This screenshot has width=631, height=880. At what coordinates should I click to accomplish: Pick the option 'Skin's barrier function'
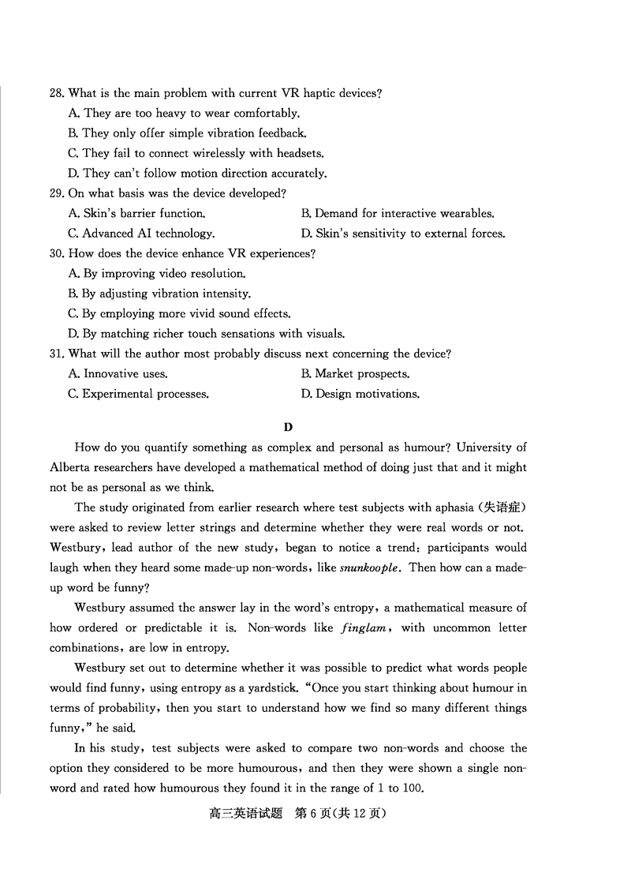coord(137,213)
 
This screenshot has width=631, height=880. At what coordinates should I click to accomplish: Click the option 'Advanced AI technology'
coord(141,234)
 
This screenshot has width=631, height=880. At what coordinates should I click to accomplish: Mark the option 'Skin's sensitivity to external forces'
coord(402,234)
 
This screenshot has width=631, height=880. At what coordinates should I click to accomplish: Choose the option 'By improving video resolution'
coord(157,274)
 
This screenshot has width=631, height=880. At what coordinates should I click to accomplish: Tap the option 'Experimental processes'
coord(138,394)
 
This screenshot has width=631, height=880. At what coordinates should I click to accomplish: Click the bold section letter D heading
coord(288,427)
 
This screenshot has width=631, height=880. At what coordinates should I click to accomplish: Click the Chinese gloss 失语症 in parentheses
coord(502,507)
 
